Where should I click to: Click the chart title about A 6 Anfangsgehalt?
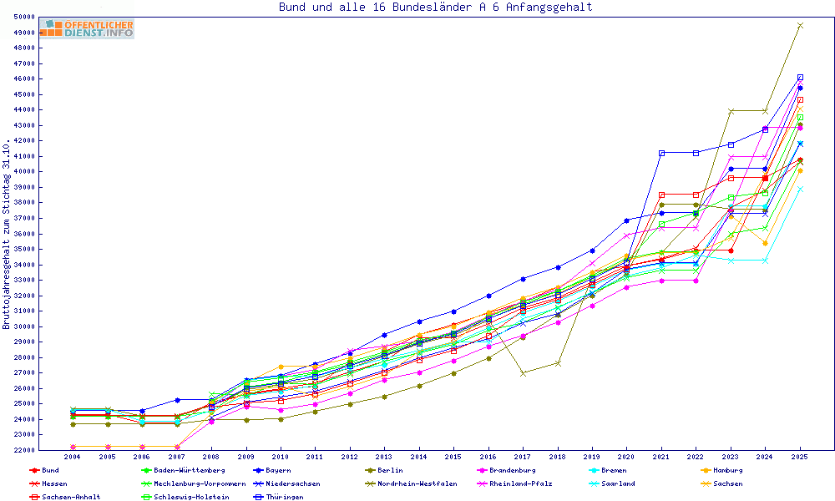(x=436, y=8)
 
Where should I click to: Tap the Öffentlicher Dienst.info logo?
(x=86, y=29)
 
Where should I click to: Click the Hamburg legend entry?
(x=724, y=470)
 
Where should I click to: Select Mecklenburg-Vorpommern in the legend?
(x=200, y=483)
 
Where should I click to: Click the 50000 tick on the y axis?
(x=23, y=17)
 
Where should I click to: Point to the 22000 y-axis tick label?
(x=23, y=450)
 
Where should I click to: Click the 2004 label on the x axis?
(x=73, y=457)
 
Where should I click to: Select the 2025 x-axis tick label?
(x=800, y=457)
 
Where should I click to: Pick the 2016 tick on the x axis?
(x=488, y=457)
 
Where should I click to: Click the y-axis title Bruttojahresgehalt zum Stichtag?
(x=7, y=234)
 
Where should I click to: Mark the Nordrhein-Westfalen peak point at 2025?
(x=800, y=26)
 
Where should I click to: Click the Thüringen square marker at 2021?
(x=661, y=153)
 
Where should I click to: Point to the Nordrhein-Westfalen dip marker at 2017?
(x=523, y=373)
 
